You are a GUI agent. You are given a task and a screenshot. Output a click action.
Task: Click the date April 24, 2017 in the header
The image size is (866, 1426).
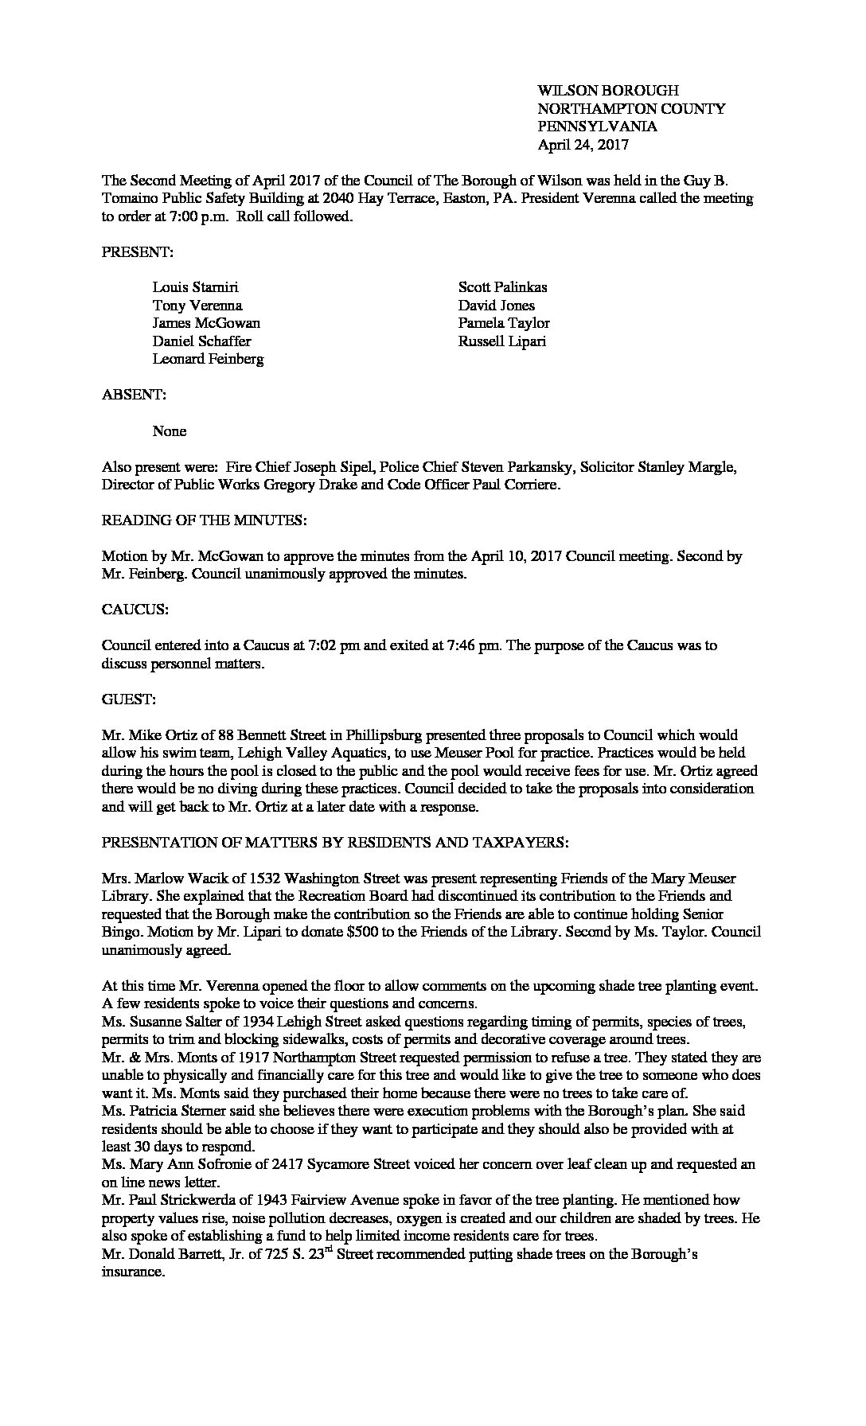coord(583,145)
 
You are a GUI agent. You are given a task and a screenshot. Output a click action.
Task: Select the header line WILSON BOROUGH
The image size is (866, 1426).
coord(608,91)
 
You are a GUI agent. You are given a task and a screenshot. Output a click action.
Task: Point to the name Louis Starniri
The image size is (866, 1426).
coord(195,287)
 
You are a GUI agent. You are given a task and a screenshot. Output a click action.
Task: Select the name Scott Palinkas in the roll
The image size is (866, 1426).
coord(502,287)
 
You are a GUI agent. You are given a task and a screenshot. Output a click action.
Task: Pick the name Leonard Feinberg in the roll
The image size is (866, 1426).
coord(208,359)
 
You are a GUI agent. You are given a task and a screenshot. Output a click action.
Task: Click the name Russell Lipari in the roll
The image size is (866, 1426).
coord(501,341)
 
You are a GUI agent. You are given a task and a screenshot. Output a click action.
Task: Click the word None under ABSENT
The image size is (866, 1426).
coord(170,431)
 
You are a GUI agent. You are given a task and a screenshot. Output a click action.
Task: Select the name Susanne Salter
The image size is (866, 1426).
coord(167,1021)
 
